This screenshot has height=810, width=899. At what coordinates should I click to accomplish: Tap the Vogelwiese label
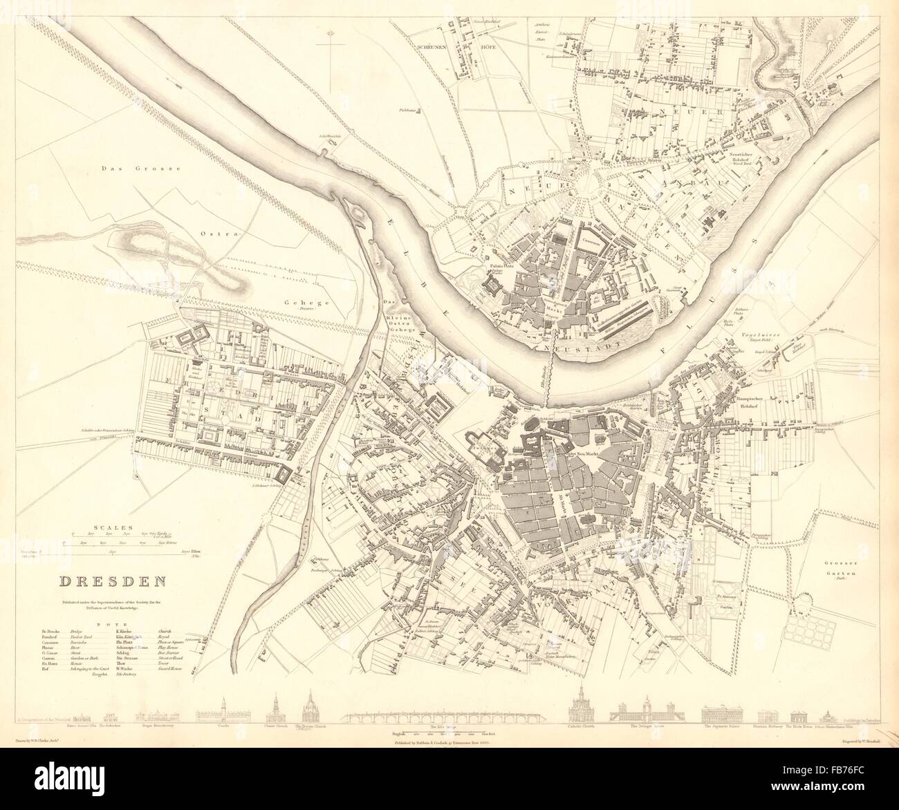[x=761, y=332]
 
